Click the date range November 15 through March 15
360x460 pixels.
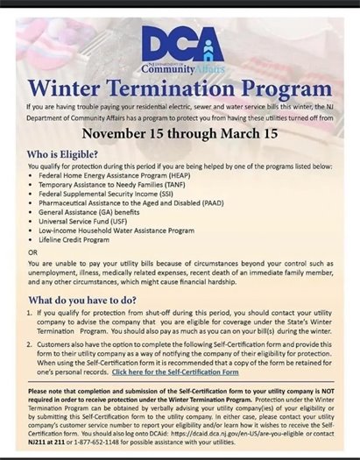point(180,134)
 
